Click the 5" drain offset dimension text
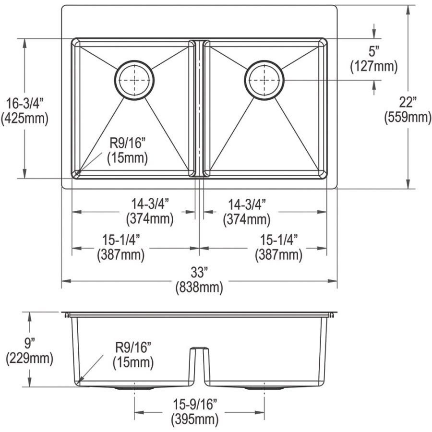click(x=373, y=51)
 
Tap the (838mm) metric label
click(x=199, y=288)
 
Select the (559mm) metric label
click(x=408, y=118)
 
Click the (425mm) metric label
click(x=25, y=119)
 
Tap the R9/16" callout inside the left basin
click(x=127, y=143)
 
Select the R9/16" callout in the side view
click(x=133, y=347)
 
